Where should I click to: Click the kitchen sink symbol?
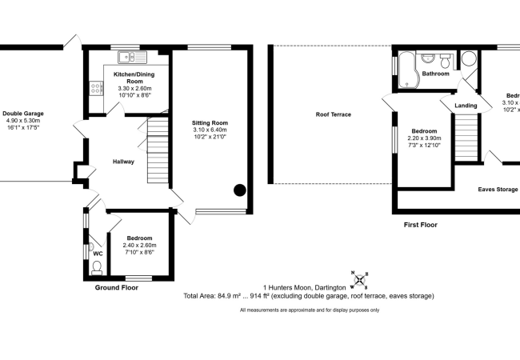(x=132, y=57)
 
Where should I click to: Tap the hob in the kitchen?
(x=96, y=88)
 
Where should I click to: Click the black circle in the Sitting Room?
(x=240, y=190)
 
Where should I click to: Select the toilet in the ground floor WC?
(x=97, y=267)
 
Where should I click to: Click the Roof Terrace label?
(x=334, y=114)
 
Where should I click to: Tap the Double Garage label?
(x=23, y=114)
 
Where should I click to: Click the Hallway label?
(x=123, y=162)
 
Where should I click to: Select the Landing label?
(x=466, y=106)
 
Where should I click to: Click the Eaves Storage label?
(x=498, y=190)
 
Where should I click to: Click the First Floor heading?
(x=421, y=225)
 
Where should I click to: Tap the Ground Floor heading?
(x=117, y=288)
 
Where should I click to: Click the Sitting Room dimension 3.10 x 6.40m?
(x=210, y=130)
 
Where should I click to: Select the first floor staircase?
(x=466, y=138)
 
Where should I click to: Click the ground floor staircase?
(x=158, y=147)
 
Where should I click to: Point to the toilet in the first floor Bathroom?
(x=445, y=61)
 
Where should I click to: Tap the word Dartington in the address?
(x=330, y=288)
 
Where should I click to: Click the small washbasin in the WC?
(x=91, y=246)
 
